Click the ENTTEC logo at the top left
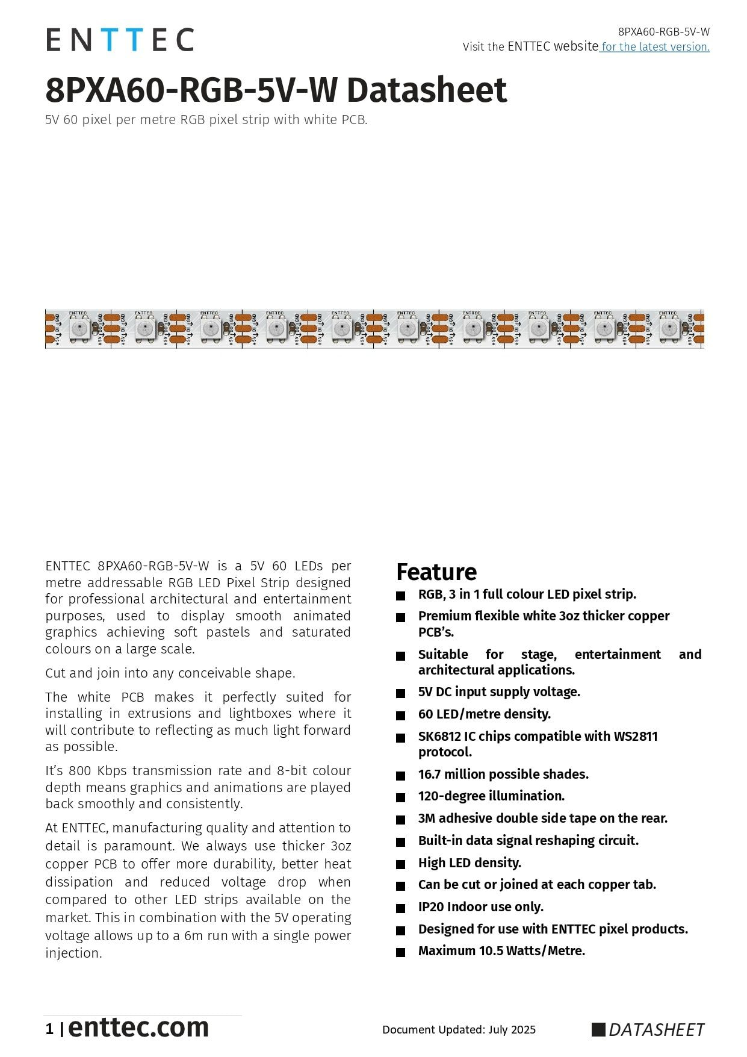(120, 40)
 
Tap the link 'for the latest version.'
(655, 47)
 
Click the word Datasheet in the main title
(427, 90)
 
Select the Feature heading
(436, 572)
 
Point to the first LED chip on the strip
(78, 329)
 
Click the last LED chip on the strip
(668, 329)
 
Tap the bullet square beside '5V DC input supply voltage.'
(401, 693)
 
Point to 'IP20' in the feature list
(430, 907)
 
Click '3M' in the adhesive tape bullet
(426, 818)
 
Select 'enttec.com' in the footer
(138, 1027)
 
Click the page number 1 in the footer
(49, 1029)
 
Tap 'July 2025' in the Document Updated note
(512, 1029)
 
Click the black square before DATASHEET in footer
(598, 1029)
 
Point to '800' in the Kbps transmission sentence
(80, 771)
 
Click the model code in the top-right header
(663, 32)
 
